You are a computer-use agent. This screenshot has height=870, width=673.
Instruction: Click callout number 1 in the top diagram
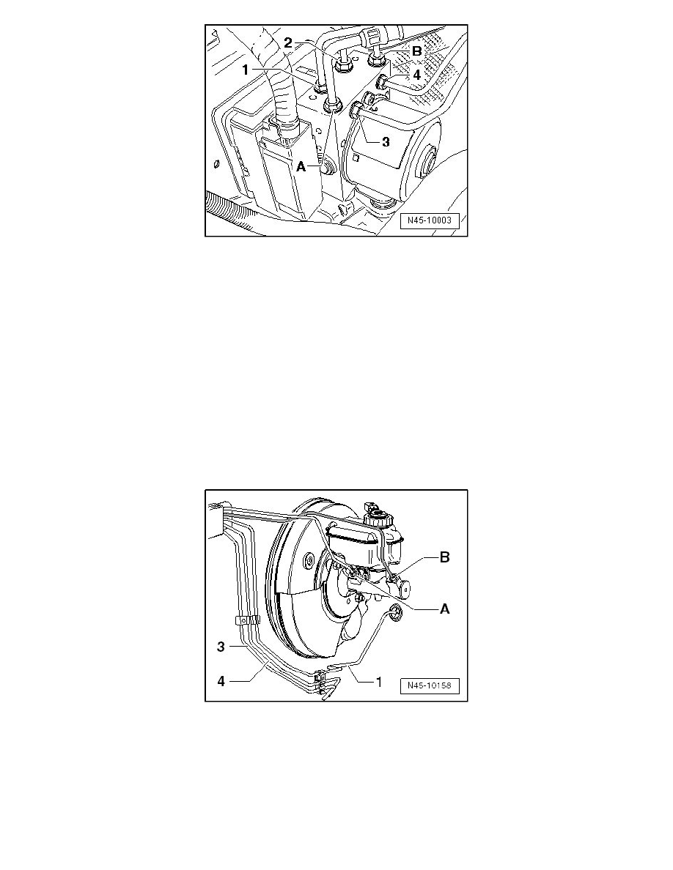246,70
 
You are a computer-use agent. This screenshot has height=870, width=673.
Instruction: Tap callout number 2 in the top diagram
288,42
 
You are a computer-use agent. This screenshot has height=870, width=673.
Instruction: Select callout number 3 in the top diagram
386,141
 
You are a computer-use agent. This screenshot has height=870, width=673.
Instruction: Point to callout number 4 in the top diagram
417,74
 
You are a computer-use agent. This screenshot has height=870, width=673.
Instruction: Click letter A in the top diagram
301,166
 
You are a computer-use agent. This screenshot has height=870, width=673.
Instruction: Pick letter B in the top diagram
417,51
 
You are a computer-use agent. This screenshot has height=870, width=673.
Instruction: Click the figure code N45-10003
430,220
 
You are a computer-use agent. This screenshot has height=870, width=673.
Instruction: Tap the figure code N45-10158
430,685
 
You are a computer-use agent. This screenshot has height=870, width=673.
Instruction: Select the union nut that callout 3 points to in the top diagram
356,111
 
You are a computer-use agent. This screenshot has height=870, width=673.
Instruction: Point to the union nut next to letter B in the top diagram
377,56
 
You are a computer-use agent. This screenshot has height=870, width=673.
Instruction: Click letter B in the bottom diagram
445,557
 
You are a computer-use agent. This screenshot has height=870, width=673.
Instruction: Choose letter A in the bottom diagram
445,609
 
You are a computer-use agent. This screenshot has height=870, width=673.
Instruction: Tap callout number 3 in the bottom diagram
221,647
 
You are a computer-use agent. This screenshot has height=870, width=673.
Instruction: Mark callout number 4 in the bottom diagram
221,681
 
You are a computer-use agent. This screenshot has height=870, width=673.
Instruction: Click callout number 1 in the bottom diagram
380,682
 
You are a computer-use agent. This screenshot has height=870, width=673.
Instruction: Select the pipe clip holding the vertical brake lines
248,620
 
